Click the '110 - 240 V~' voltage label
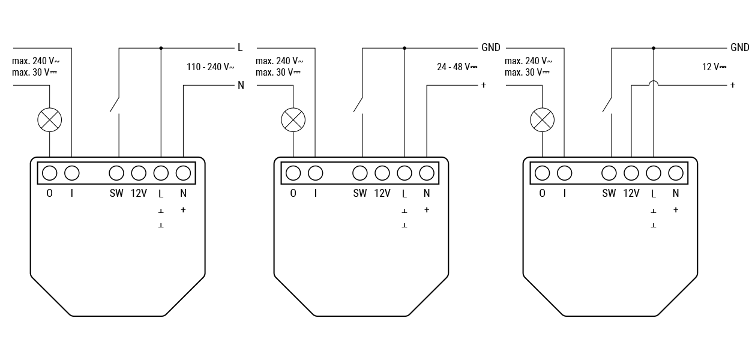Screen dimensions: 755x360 click(x=210, y=67)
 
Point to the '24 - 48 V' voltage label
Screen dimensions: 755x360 click(x=457, y=67)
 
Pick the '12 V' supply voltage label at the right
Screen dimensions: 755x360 click(x=714, y=67)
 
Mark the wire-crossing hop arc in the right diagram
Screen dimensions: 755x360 click(x=654, y=81)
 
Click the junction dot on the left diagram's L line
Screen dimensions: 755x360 click(x=161, y=48)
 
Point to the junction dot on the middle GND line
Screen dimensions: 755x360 click(x=405, y=48)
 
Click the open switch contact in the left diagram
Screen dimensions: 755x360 click(x=115, y=105)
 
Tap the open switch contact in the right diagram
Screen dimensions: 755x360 click(x=607, y=105)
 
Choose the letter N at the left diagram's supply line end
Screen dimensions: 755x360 click(x=241, y=85)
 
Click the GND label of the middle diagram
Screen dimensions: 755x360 click(x=491, y=47)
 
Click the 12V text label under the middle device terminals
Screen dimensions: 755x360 click(x=382, y=193)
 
